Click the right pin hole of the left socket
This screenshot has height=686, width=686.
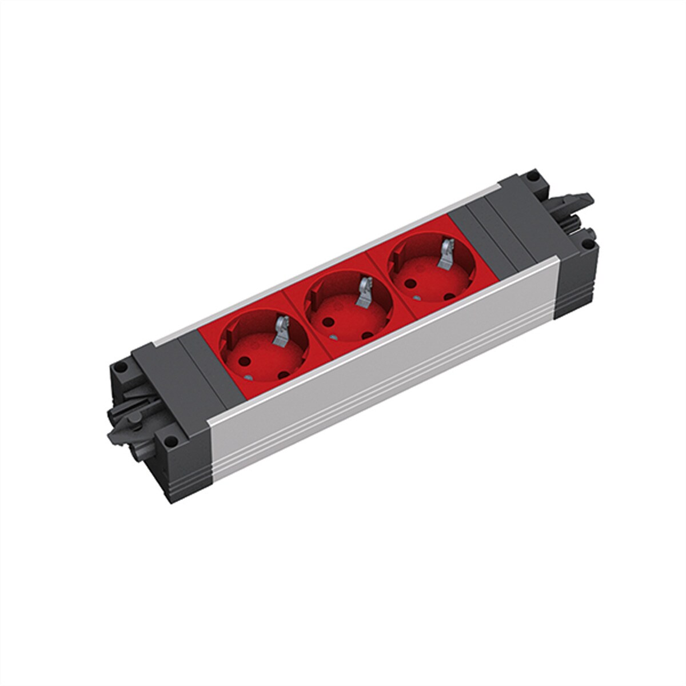click(x=284, y=374)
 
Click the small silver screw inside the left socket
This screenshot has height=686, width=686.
click(x=250, y=378)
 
